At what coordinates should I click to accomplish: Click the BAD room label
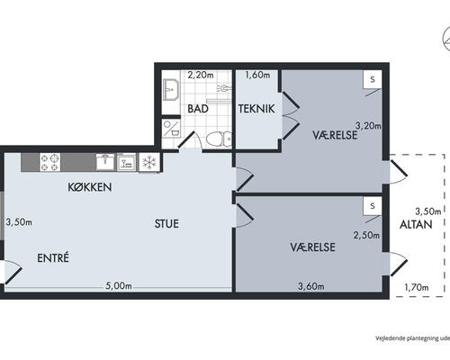(198, 109)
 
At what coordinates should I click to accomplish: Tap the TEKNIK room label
(256, 109)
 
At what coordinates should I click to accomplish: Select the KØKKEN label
(90, 187)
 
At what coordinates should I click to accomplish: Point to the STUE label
(166, 224)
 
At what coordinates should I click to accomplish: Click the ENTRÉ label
(53, 257)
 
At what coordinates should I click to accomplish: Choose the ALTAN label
(416, 224)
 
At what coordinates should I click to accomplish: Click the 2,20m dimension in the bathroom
(201, 75)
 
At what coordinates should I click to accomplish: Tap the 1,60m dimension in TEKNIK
(257, 75)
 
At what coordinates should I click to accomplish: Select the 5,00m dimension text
(119, 286)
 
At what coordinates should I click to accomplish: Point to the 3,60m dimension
(311, 286)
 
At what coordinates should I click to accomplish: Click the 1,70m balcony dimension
(417, 288)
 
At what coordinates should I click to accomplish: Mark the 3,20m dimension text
(368, 125)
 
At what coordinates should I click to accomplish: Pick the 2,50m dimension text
(366, 236)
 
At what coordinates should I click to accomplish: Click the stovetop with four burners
(49, 162)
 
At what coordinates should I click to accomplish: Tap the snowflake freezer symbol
(149, 163)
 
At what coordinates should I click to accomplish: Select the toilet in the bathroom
(219, 139)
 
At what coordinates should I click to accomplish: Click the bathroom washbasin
(171, 89)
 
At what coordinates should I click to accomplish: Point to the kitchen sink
(105, 162)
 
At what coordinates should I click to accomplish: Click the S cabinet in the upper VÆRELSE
(373, 79)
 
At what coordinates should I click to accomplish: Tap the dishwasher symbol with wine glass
(126, 162)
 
